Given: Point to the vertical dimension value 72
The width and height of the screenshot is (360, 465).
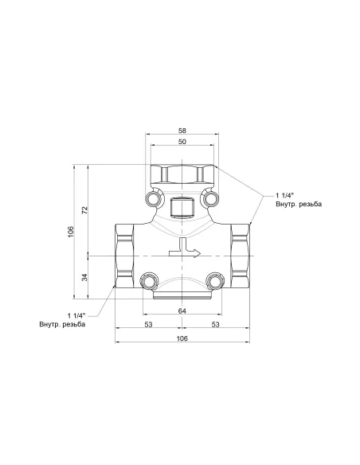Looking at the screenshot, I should click(85, 209).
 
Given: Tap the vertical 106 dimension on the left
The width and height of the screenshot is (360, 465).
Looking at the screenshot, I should click(71, 231).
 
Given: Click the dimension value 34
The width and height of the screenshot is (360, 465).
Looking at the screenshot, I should click(85, 277).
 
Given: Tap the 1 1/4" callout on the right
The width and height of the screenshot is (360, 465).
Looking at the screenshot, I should click(286, 195).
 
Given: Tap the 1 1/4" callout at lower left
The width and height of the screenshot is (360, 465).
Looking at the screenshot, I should click(76, 315).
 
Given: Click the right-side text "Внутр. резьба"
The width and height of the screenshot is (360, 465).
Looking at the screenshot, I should click(299, 205).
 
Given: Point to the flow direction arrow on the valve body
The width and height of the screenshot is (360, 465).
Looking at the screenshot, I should click(188, 251).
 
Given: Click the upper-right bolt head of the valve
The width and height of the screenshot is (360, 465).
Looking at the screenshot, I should click(210, 197).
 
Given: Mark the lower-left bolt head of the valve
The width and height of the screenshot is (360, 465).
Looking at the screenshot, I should click(148, 281).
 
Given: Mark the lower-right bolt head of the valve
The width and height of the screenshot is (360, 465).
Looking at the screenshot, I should click(213, 281).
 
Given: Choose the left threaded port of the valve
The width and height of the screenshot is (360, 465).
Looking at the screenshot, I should click(124, 255).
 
